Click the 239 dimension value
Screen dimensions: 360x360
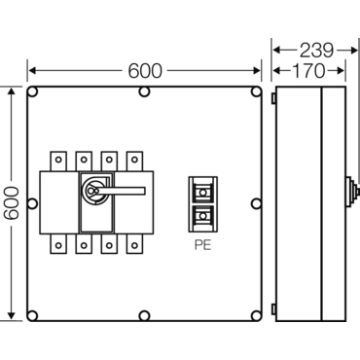(x=316, y=51)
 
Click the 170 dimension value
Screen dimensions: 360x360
(x=308, y=71)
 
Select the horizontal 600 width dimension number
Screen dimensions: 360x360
(x=145, y=71)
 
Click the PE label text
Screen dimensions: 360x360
(x=202, y=245)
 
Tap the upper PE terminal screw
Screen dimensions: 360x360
(x=203, y=193)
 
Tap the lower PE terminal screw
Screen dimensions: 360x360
(x=203, y=216)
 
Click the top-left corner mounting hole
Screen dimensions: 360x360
(x=32, y=92)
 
